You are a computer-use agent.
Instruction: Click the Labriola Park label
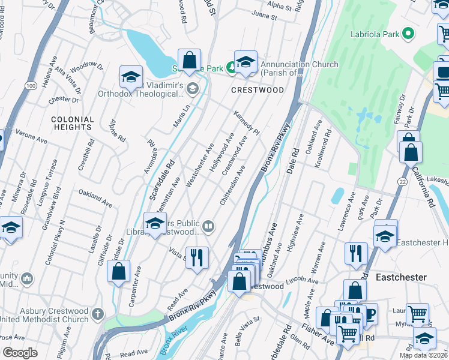[x=375, y=34]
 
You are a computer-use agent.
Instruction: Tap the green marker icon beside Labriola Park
[x=409, y=34]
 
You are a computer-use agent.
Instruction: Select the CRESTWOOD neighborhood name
[x=258, y=90]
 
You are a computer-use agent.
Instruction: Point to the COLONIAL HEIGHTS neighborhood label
[x=72, y=123]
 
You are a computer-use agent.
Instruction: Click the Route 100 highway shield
[x=31, y=86]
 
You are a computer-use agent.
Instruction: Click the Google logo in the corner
[x=20, y=353]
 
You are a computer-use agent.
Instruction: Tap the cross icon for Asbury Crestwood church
[x=98, y=314]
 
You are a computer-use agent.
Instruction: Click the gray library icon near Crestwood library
[x=208, y=226]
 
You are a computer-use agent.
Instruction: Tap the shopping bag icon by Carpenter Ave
[x=119, y=271]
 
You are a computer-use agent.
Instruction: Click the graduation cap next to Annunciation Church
[x=246, y=62]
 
